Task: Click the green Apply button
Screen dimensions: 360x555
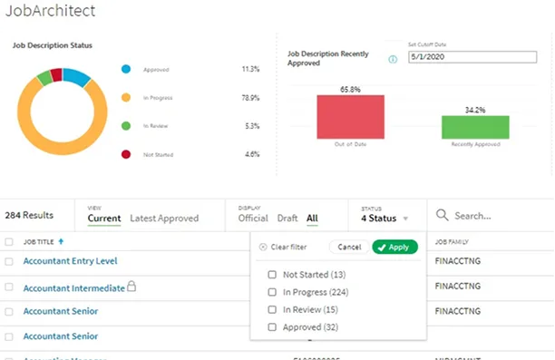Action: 394,247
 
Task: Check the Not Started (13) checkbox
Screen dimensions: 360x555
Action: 273,275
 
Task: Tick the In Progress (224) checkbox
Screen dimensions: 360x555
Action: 273,292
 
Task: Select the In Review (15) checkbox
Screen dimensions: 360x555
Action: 273,309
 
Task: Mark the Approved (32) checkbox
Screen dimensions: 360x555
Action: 273,326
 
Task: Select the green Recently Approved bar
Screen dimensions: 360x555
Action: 475,126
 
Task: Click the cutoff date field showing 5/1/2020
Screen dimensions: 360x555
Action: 453,57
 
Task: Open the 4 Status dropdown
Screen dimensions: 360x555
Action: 385,218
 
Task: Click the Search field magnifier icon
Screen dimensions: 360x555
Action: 443,216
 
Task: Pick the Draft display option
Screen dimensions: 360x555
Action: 287,218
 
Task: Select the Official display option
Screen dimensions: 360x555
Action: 253,218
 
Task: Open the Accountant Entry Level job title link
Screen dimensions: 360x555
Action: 70,261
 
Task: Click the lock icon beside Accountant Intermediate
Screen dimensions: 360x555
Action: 131,287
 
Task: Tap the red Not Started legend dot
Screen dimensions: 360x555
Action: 125,155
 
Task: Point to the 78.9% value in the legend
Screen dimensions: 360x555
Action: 250,97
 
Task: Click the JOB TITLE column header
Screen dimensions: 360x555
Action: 44,242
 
